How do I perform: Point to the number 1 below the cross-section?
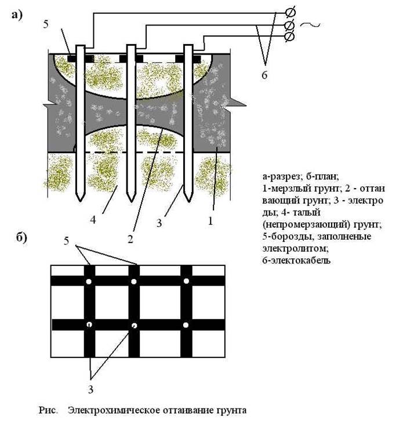(x=211, y=221)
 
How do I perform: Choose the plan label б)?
(x=18, y=238)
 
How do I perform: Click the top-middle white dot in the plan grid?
(x=133, y=281)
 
